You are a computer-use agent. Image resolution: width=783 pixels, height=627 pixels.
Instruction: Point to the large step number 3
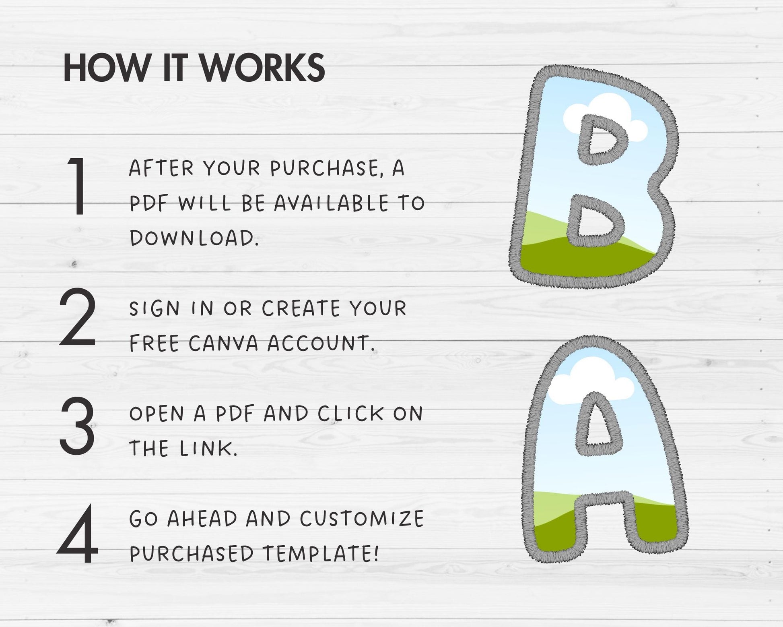[x=77, y=424]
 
